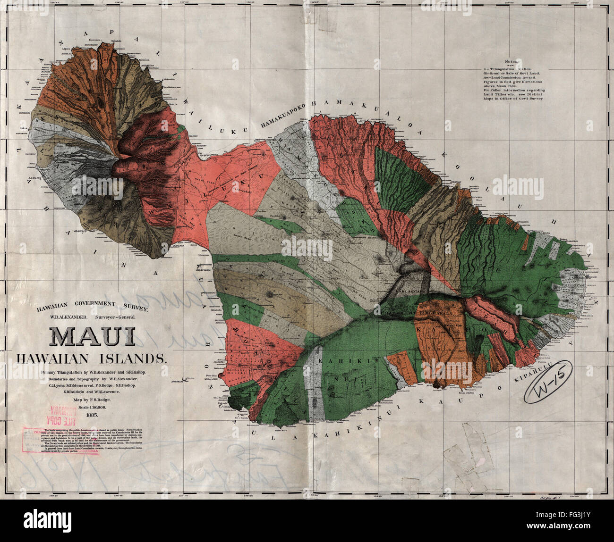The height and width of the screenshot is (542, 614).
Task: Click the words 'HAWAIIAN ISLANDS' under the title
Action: coord(92,359)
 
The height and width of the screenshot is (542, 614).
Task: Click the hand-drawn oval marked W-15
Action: coord(547,389)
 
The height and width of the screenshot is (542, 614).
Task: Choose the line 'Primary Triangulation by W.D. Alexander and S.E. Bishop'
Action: coord(93,373)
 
